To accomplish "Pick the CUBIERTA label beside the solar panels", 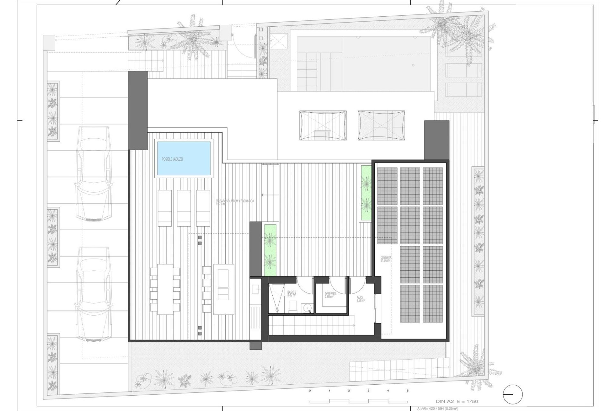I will [385, 259].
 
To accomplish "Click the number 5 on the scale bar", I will [407, 391].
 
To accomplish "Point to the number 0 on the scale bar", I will [310, 391].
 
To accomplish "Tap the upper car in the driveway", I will [93, 173].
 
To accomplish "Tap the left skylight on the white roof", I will [323, 125].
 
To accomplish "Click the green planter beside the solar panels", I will [365, 193].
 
